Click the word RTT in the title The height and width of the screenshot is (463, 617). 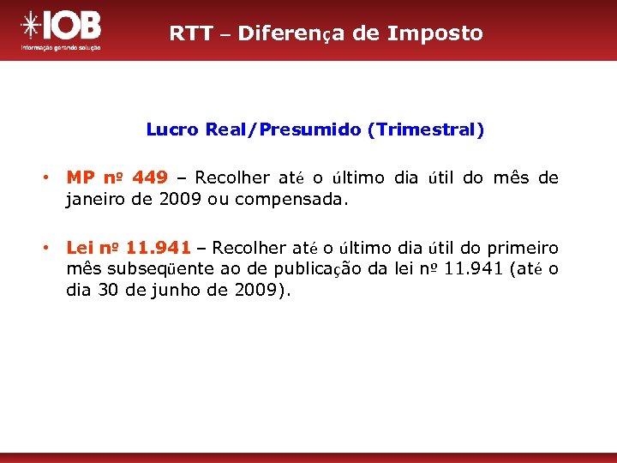187,33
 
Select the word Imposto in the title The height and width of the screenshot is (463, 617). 435,33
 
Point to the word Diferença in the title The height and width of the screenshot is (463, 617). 292,33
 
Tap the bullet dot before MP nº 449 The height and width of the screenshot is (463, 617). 50,178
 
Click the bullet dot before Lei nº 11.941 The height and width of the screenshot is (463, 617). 50,249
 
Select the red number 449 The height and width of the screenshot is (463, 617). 150,178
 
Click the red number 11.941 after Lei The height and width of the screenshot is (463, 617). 158,249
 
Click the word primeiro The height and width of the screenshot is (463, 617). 520,249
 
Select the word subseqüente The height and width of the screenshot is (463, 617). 156,269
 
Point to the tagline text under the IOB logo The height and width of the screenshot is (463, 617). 61,48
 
